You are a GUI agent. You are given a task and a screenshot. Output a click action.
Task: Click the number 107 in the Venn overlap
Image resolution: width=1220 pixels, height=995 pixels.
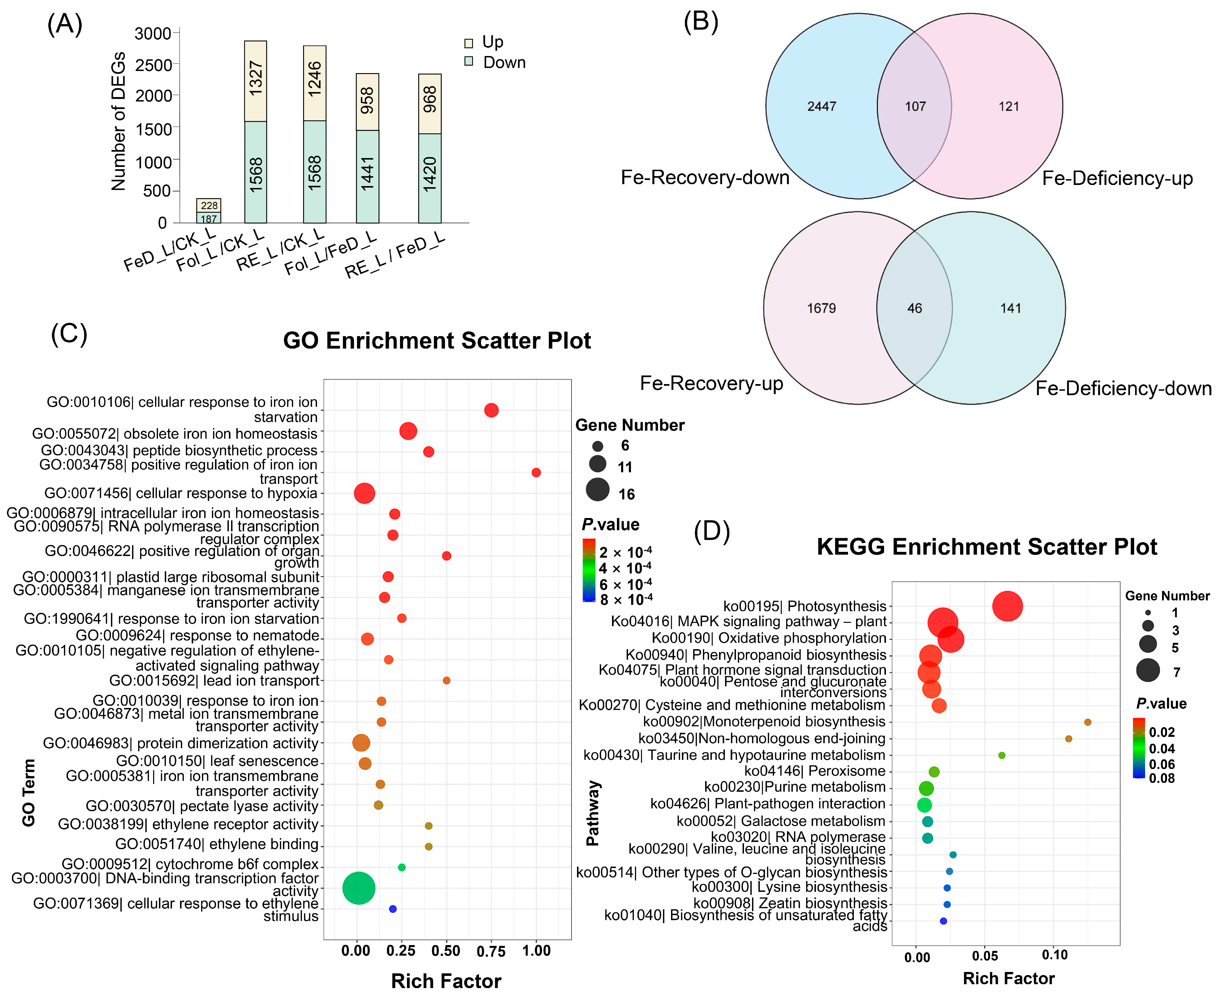point(915,106)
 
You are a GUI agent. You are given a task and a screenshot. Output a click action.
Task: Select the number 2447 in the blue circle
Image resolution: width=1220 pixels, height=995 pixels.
point(822,106)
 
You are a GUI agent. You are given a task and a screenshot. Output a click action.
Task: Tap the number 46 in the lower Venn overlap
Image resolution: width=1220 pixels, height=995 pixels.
point(914,308)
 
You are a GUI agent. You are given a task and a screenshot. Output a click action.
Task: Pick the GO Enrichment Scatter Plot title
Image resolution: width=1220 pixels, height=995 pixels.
point(437,341)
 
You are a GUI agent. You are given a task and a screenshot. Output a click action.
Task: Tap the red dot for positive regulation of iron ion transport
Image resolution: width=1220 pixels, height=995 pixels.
point(536,472)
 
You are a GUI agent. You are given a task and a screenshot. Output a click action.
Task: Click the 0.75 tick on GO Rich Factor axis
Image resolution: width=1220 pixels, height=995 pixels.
point(491,951)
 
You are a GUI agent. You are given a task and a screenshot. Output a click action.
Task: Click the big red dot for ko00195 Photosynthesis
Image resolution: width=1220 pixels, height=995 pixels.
point(1007,606)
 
